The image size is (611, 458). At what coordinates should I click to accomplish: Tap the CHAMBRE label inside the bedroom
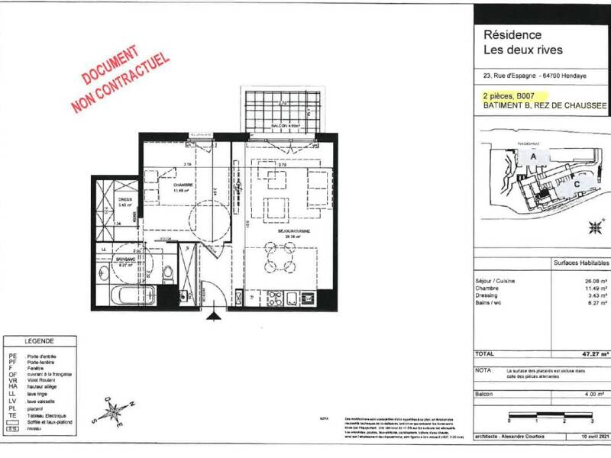(x=182, y=185)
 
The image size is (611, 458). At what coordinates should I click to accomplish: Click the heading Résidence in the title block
(x=512, y=35)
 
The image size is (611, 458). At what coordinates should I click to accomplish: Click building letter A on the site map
(x=535, y=156)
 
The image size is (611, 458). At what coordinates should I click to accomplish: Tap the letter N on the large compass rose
(x=132, y=404)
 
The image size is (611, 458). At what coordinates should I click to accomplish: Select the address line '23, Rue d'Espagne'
(x=509, y=75)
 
